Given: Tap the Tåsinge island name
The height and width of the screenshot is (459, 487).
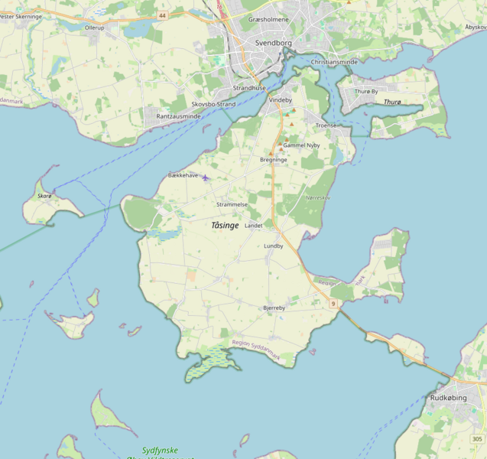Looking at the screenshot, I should (225, 226).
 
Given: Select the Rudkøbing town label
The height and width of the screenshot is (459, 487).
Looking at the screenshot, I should (449, 398).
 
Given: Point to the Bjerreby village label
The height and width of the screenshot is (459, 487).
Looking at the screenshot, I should (274, 308).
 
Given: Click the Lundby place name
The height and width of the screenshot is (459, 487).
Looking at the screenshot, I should (274, 246).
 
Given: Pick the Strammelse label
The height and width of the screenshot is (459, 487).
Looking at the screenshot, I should (232, 205).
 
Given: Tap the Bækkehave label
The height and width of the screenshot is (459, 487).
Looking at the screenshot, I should (183, 175).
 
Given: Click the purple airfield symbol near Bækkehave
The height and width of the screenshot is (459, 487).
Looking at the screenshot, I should (205, 177).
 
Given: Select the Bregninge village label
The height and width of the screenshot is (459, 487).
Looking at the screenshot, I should (274, 160).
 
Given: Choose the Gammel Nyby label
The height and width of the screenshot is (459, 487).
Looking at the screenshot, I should (301, 145).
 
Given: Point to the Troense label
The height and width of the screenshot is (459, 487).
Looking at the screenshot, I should (326, 125).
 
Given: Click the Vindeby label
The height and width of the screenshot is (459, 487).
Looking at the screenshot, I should (281, 100).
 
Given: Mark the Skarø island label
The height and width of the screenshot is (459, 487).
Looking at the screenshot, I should (44, 197).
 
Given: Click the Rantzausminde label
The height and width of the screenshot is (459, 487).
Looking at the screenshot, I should (178, 116).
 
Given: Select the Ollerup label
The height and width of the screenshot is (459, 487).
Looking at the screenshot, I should (95, 27).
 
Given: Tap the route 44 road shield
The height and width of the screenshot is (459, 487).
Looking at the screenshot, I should (163, 15).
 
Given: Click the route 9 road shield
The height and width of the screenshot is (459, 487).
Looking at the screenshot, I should (333, 304).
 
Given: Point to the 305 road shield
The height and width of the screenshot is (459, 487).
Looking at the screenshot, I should (477, 438).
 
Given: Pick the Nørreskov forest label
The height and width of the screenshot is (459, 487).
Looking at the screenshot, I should (317, 197).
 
